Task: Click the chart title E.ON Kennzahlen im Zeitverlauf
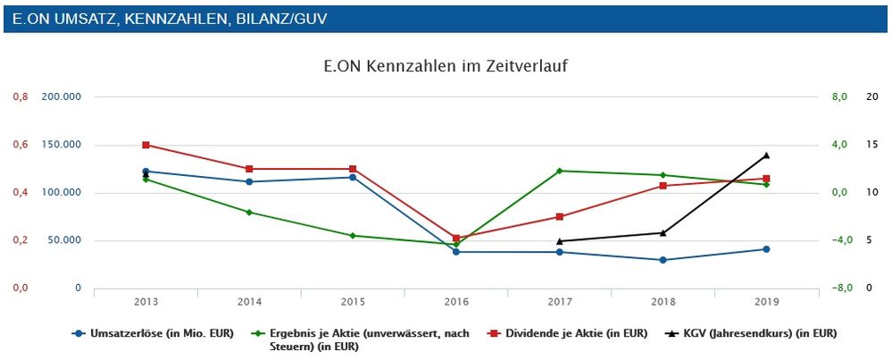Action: coord(445,66)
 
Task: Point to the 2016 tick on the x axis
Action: coord(456,300)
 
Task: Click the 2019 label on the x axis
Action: coord(766,300)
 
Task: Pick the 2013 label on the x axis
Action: coord(146,300)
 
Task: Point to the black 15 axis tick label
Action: coord(872,145)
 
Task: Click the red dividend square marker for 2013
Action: coord(146,145)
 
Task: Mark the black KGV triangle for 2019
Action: coord(766,155)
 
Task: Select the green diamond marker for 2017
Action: coord(559,171)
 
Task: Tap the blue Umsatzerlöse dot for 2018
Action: coord(663,260)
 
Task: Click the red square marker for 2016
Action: coord(456,239)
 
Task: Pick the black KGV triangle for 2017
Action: coord(559,241)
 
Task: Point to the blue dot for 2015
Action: coord(353,177)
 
